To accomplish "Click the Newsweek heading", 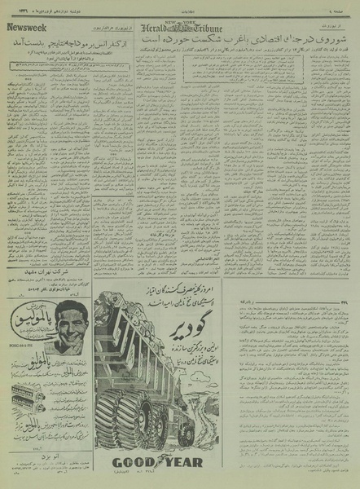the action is click(x=26, y=28).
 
